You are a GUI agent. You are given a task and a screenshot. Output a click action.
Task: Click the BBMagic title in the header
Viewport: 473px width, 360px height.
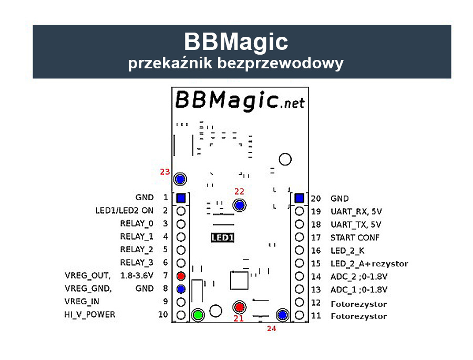236,42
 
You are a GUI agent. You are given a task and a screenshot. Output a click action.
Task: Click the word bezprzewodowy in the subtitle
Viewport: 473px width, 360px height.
280,64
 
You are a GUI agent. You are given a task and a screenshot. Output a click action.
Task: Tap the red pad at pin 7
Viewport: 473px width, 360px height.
181,276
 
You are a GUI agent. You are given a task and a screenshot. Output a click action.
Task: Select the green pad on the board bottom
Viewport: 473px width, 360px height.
198,315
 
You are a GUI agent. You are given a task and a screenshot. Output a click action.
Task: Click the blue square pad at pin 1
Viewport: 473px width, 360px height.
181,198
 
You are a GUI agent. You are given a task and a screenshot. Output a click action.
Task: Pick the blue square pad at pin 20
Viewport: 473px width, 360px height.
299,198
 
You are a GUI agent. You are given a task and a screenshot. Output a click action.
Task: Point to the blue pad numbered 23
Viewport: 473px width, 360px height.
180,179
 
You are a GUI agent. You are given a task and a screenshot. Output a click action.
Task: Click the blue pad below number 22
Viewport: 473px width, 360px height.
240,205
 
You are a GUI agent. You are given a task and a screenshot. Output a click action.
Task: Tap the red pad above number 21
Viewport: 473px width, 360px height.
240,307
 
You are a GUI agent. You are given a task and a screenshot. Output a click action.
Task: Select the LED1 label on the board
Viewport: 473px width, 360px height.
223,238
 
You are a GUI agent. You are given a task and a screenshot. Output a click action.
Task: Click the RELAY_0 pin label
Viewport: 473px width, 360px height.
137,223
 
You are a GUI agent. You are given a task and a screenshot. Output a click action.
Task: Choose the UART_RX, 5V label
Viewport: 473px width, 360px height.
356,212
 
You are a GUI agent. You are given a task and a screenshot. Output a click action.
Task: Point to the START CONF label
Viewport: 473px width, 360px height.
355,238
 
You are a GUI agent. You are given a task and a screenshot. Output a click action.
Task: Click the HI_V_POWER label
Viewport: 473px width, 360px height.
89,315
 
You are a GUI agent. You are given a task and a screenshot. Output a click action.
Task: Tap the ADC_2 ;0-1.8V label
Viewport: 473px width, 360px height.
359,277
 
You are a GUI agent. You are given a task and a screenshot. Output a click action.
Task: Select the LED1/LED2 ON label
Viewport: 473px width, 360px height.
124,211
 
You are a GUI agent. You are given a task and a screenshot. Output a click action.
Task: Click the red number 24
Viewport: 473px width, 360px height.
271,328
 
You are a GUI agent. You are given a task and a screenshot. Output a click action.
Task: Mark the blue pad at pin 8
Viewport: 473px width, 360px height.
181,289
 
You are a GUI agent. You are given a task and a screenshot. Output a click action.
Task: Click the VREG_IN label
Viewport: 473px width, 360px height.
82,302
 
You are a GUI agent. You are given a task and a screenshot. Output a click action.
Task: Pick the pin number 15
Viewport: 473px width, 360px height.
316,264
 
